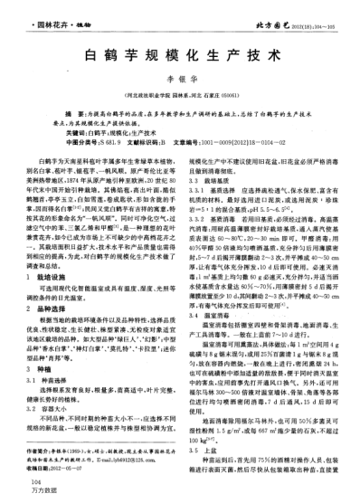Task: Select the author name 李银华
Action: (180, 80)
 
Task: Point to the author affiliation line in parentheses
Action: (180, 93)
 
